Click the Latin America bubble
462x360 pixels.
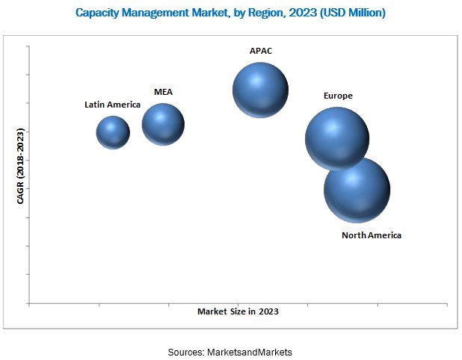click(x=113, y=132)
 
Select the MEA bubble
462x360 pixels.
click(x=163, y=124)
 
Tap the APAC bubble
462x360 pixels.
click(x=260, y=90)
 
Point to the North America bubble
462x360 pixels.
click(x=357, y=190)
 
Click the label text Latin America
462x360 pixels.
click(x=112, y=105)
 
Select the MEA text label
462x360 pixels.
click(x=163, y=92)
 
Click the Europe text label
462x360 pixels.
click(x=338, y=96)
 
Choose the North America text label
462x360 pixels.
click(x=372, y=235)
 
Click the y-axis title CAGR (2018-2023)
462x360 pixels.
click(x=20, y=166)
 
